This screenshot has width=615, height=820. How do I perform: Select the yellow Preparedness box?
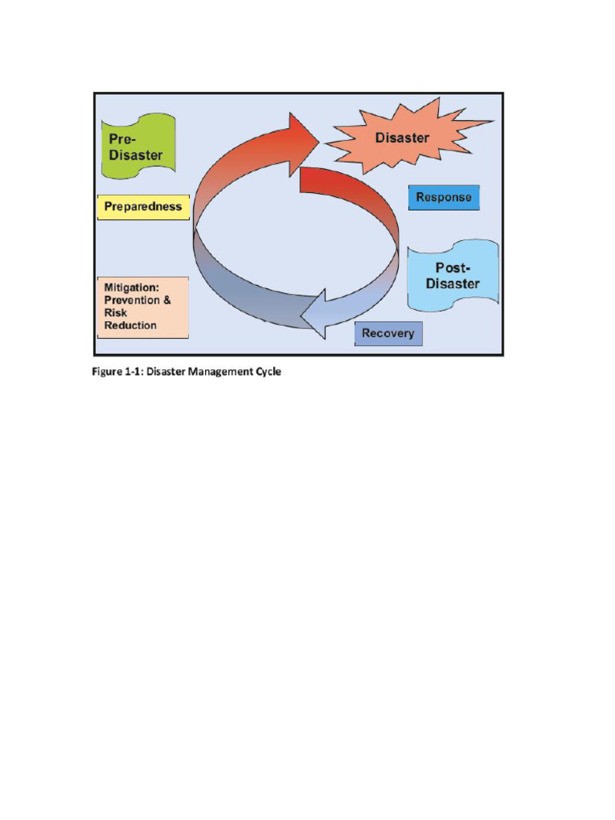click(143, 207)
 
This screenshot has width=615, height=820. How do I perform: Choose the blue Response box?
click(444, 197)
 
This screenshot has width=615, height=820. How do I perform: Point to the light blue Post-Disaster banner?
click(453, 275)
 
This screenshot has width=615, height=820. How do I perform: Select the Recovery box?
click(388, 333)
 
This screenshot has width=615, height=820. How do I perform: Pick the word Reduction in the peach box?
click(131, 326)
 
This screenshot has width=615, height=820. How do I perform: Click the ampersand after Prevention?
click(167, 300)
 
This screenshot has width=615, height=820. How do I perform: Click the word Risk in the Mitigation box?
click(115, 313)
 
